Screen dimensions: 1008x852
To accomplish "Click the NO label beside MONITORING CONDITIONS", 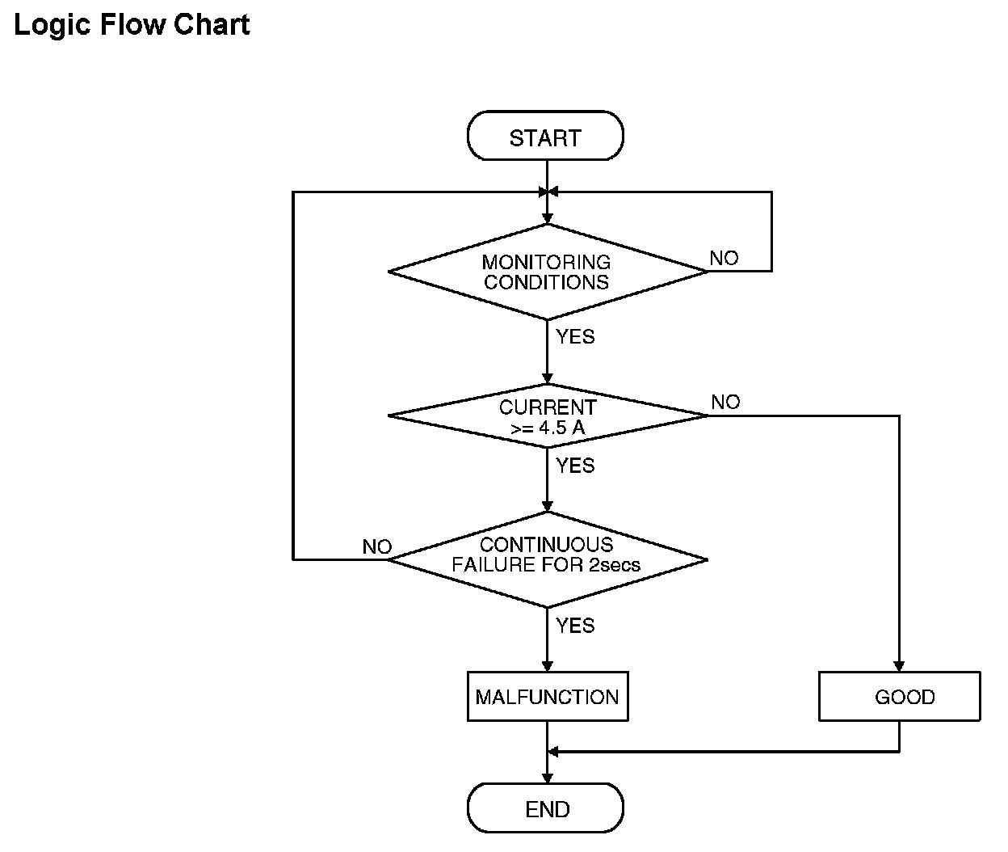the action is pyautogui.click(x=724, y=258).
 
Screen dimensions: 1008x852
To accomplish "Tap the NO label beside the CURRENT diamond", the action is pyautogui.click(x=725, y=402).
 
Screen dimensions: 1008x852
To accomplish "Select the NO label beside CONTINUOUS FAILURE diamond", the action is pyautogui.click(x=377, y=547).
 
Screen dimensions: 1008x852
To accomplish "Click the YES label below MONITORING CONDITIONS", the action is pyautogui.click(x=575, y=337).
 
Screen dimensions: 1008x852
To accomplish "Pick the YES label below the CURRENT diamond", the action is pyautogui.click(x=575, y=466).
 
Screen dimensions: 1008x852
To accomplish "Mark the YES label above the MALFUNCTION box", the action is pyautogui.click(x=575, y=626).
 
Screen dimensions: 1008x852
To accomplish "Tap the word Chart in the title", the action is pyautogui.click(x=212, y=24).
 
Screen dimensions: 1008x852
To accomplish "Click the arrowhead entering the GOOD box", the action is pyautogui.click(x=899, y=666).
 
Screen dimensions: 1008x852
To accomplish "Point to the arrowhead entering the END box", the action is pyautogui.click(x=548, y=778).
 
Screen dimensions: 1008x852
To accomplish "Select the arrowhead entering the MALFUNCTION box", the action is pyautogui.click(x=548, y=666).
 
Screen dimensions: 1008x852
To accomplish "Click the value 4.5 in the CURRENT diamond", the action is pyautogui.click(x=552, y=428).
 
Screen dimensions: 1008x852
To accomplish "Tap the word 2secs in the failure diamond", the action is pyautogui.click(x=614, y=565).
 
